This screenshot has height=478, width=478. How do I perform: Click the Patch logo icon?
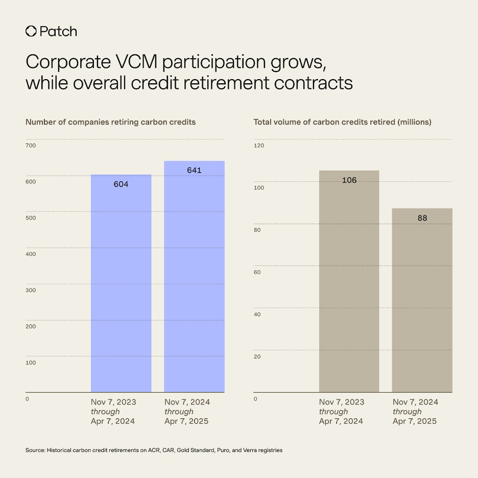click(x=31, y=31)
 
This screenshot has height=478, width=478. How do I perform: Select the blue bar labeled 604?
click(x=121, y=286)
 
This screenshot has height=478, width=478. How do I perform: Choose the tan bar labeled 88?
click(x=422, y=301)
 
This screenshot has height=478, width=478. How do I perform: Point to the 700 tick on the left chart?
click(x=31, y=146)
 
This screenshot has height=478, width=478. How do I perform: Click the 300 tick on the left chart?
click(x=31, y=290)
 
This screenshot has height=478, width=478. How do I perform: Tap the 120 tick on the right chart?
click(x=259, y=146)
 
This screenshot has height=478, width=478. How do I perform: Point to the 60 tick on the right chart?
click(x=258, y=272)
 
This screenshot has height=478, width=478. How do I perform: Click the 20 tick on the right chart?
click(x=258, y=356)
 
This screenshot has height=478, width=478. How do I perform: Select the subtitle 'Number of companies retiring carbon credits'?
click(x=110, y=122)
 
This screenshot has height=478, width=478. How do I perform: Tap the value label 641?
click(x=195, y=170)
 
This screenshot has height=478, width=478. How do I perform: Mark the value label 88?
click(x=422, y=218)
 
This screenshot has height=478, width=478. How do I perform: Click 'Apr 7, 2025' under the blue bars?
click(x=186, y=421)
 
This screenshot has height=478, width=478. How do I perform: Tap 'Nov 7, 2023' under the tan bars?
click(x=342, y=402)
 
